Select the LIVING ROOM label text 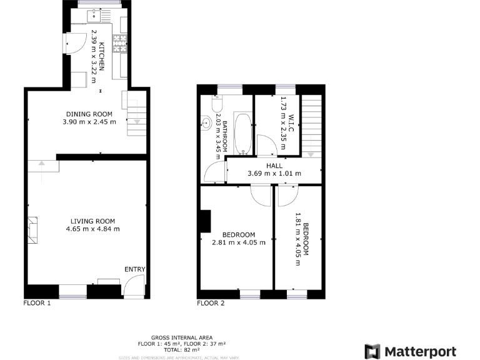[x=92, y=221]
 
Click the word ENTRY [x=134, y=269]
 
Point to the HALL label [x=274, y=166]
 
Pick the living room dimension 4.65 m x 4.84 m [x=92, y=229]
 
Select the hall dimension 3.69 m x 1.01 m [x=274, y=173]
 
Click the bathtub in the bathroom [x=242, y=133]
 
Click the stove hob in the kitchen [x=119, y=43]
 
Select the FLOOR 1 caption [x=36, y=304]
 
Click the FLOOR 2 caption [x=210, y=304]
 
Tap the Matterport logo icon [x=372, y=351]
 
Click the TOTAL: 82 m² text [x=182, y=349]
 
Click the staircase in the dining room [x=134, y=112]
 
